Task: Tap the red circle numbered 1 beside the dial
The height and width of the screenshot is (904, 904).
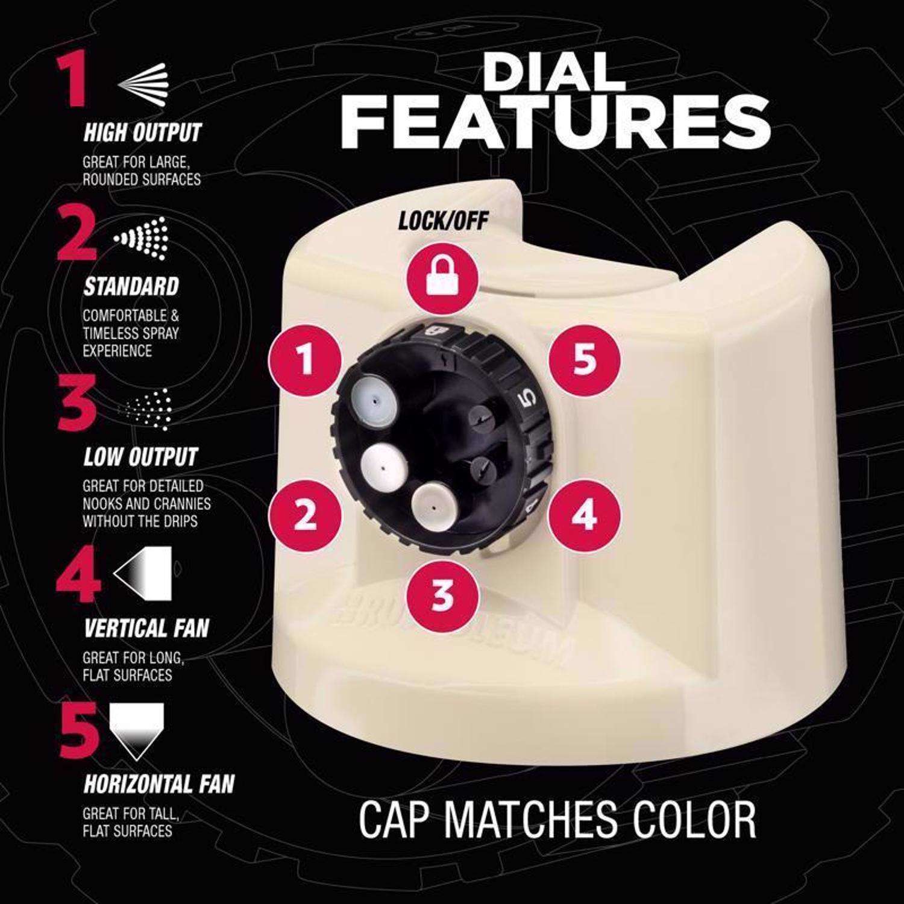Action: tap(306, 361)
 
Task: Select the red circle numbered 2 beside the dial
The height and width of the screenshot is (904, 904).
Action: tap(306, 515)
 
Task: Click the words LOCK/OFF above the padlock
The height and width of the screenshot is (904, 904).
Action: tap(443, 221)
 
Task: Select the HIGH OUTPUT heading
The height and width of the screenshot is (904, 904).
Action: tap(142, 133)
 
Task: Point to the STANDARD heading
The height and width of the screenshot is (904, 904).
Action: tap(131, 287)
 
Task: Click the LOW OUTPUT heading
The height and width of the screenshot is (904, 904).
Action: tap(140, 457)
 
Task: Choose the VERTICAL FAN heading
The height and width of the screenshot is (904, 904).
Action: tap(146, 629)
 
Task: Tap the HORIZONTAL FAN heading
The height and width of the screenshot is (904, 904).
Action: tap(159, 784)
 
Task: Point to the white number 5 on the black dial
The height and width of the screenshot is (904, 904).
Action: tap(526, 397)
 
